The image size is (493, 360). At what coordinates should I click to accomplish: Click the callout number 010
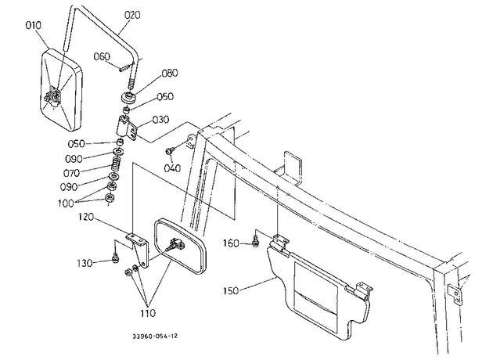[x=34, y=25]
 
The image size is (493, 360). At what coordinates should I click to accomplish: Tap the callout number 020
[x=132, y=14]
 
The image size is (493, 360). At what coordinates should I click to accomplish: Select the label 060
[x=102, y=56]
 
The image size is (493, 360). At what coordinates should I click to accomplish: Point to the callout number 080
[x=170, y=73]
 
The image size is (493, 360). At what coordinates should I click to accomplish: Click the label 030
[x=160, y=120]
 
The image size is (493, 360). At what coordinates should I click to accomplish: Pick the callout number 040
[x=172, y=168]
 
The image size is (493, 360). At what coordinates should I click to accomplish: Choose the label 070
[x=71, y=173]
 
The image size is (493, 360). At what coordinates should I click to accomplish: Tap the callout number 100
[x=66, y=203]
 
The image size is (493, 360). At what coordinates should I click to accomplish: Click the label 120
[x=86, y=217]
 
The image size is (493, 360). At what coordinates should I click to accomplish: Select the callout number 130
[x=85, y=263]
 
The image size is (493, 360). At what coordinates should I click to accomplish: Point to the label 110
[x=148, y=313]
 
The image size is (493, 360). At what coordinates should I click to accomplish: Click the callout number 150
[x=231, y=291]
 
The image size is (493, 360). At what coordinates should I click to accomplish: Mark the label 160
[x=231, y=243]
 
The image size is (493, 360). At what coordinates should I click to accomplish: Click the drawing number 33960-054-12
[x=155, y=336]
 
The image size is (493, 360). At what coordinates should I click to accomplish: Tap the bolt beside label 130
[x=115, y=257]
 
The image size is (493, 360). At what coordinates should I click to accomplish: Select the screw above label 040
[x=168, y=151]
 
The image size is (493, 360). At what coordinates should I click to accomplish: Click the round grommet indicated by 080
[x=128, y=97]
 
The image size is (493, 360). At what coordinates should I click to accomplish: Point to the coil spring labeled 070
[x=117, y=164]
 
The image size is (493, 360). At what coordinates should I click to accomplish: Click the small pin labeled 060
[x=124, y=68]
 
